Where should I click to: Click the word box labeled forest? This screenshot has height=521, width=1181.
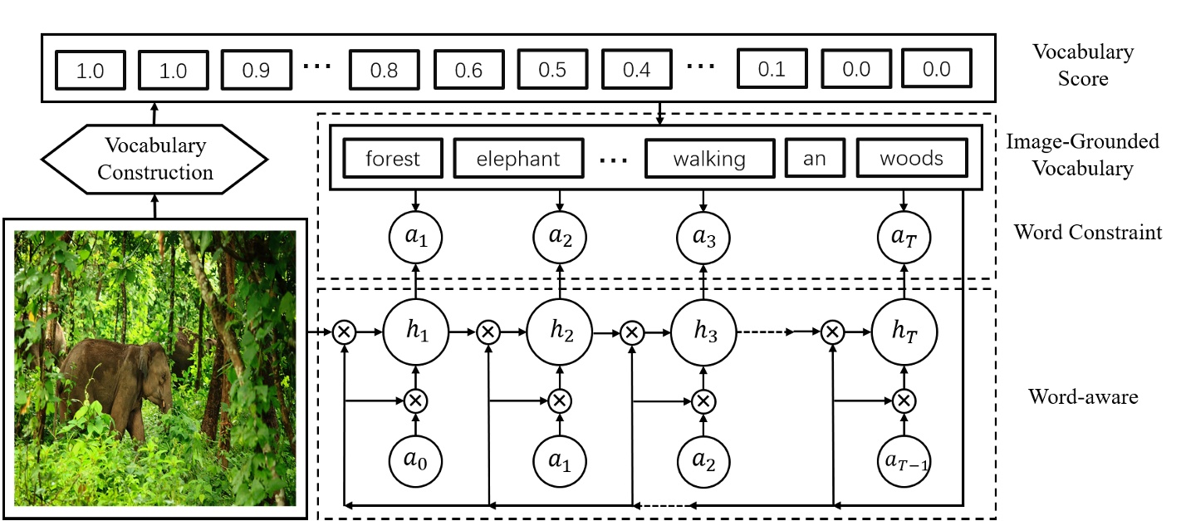pos(393,159)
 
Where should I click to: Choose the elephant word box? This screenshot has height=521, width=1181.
pos(518,159)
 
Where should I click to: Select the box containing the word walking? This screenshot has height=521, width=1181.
pos(709,159)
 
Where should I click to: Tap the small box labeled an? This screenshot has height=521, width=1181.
pos(814,159)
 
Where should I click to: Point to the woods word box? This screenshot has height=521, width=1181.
pos(912,159)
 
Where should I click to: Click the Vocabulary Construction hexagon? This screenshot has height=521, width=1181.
pos(154,159)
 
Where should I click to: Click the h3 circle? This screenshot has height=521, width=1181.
pos(703,332)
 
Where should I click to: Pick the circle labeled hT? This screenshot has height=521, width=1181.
pos(905,332)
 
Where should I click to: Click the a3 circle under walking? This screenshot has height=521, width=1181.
pos(703,238)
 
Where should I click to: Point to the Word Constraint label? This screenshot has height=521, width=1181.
pos(1087,232)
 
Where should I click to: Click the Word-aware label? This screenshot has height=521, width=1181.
pos(1083,396)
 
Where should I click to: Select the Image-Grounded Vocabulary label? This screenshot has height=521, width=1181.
pos(1082,155)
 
